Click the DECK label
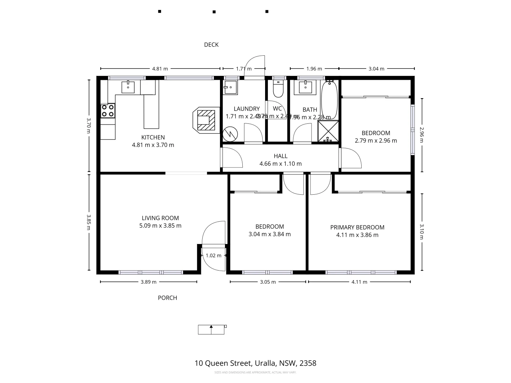click(x=211, y=45)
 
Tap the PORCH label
click(x=167, y=298)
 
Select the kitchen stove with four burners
click(x=108, y=110)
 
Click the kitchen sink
click(x=128, y=87)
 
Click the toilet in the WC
click(x=278, y=90)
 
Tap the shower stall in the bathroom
click(x=328, y=131)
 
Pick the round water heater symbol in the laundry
click(x=230, y=134)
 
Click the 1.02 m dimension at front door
click(x=213, y=255)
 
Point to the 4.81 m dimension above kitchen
click(x=160, y=69)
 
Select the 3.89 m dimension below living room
click(x=148, y=282)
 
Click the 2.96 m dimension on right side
click(x=422, y=135)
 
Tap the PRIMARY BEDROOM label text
click(x=357, y=227)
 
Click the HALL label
click(x=280, y=156)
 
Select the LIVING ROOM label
click(x=160, y=218)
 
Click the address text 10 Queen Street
click(x=255, y=363)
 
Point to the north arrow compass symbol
click(x=212, y=329)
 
